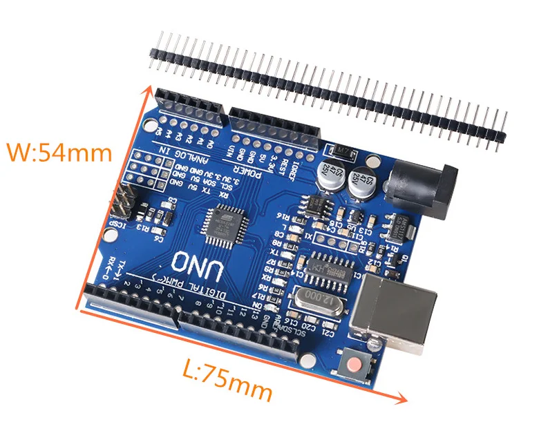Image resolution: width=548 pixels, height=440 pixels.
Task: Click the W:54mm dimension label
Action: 58,151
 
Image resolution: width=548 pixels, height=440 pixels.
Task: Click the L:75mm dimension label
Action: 227,381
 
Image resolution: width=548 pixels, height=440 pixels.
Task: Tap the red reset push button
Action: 357,365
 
